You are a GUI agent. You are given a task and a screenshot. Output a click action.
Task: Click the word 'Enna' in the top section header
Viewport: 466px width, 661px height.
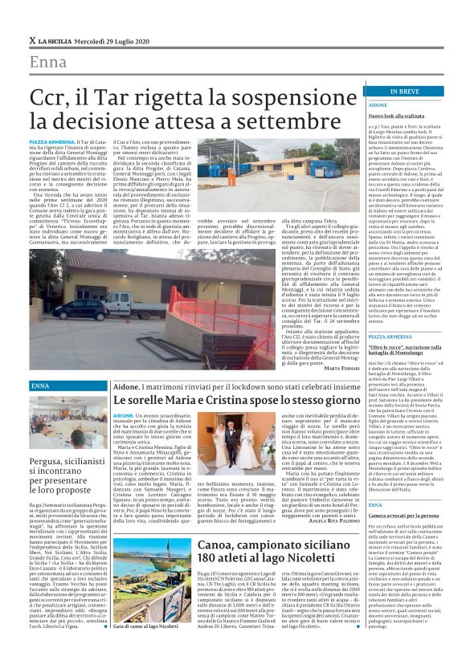(49, 63)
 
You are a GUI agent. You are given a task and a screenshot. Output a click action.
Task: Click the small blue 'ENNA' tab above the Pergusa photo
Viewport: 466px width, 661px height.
(40, 386)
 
